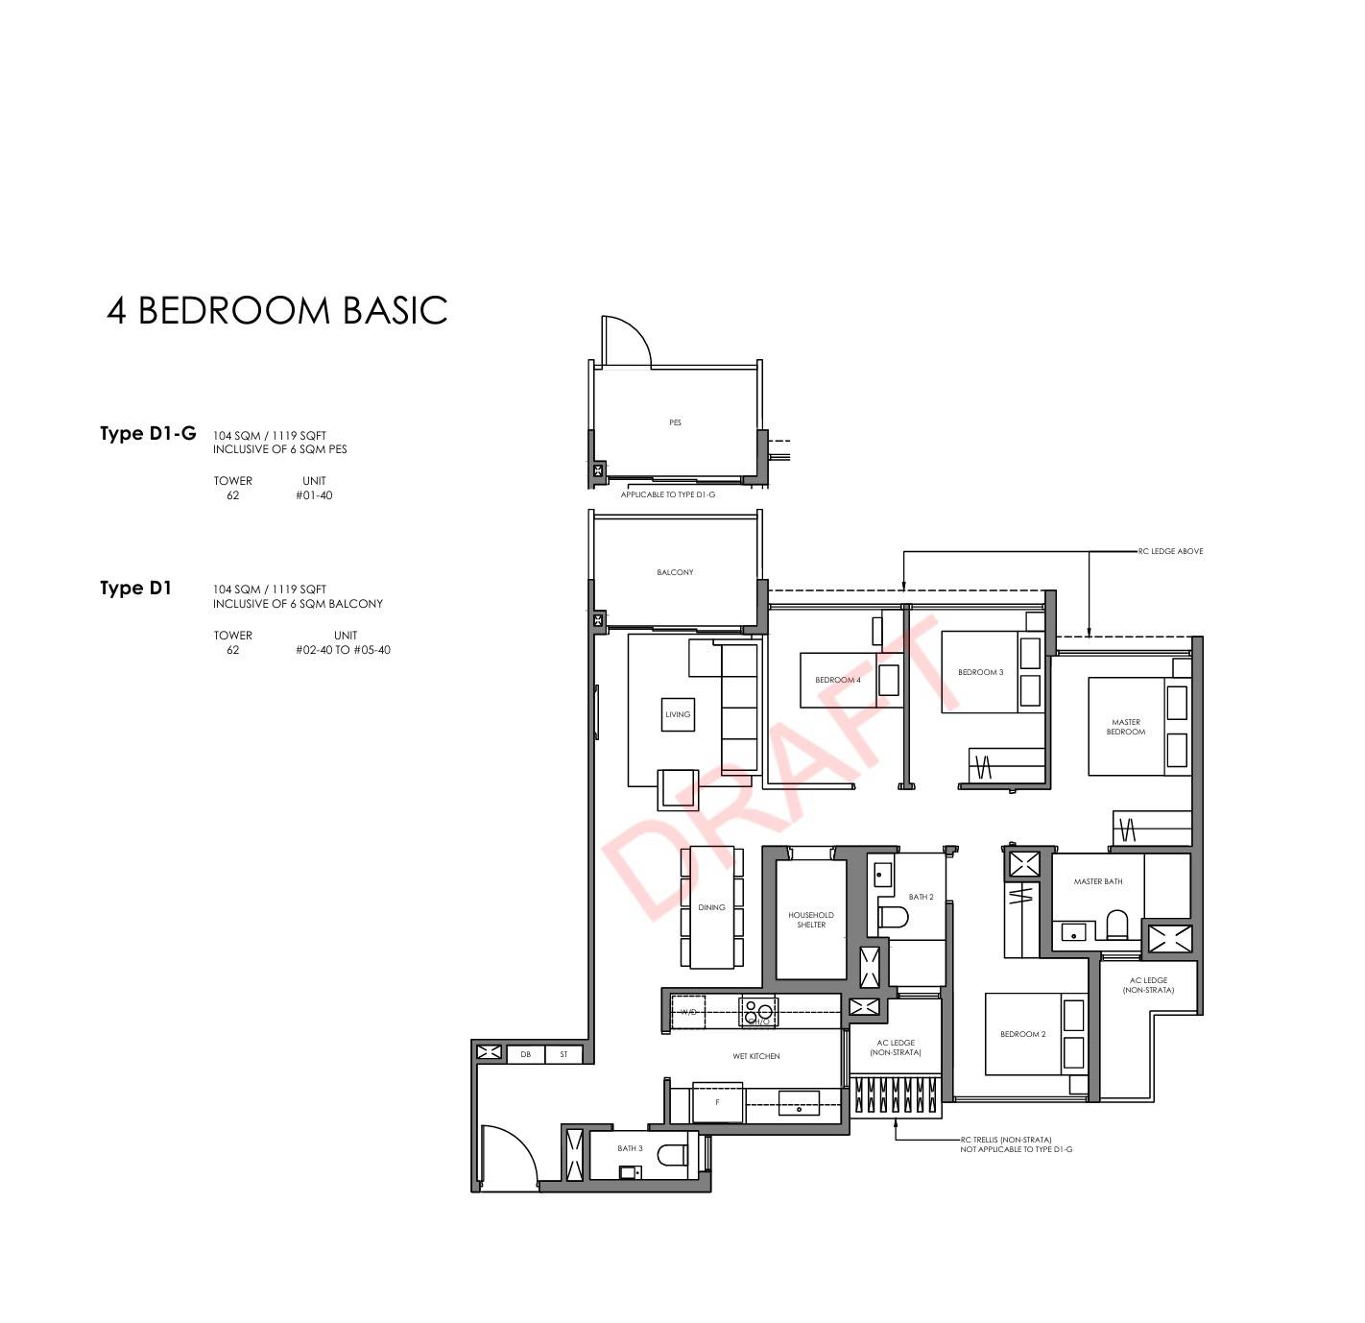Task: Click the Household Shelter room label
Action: pyautogui.click(x=811, y=920)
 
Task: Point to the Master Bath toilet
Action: pyautogui.click(x=1117, y=924)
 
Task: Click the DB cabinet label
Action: pyautogui.click(x=525, y=1054)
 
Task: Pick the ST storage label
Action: pyautogui.click(x=564, y=1054)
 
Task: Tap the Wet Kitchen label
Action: pyautogui.click(x=756, y=1056)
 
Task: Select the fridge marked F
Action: pyautogui.click(x=718, y=1103)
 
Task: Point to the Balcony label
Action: pyautogui.click(x=675, y=572)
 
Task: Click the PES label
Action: pyautogui.click(x=675, y=422)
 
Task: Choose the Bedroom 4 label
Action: pyautogui.click(x=837, y=680)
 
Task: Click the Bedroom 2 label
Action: pyautogui.click(x=1022, y=1034)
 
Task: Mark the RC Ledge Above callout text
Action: pyautogui.click(x=1171, y=551)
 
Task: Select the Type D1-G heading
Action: pyautogui.click(x=148, y=434)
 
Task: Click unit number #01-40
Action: pyautogui.click(x=314, y=495)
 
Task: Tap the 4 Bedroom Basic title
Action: pyautogui.click(x=277, y=311)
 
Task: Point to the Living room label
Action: pyautogui.click(x=678, y=714)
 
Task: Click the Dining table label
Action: pyautogui.click(x=711, y=907)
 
